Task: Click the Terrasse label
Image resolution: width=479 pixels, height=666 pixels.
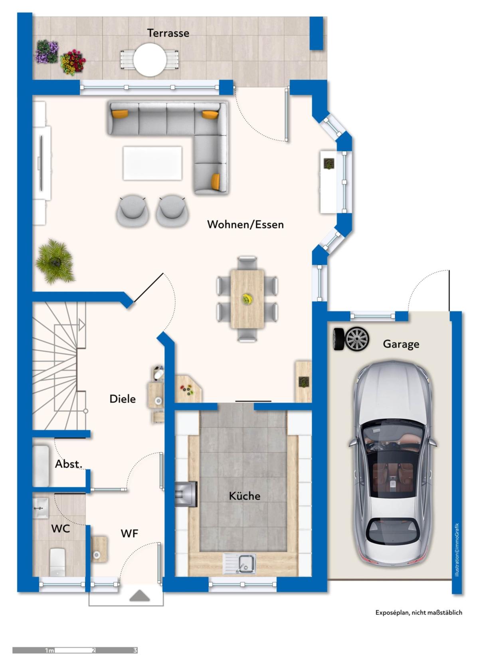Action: [x=168, y=33]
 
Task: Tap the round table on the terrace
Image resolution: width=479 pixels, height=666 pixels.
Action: [x=149, y=60]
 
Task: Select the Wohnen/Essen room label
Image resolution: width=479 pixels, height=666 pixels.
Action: [x=245, y=225]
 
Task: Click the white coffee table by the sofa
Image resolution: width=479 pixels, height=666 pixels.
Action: [x=152, y=163]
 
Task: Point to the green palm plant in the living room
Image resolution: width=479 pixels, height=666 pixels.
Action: [x=55, y=262]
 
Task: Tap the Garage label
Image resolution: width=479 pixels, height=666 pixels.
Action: [x=401, y=344]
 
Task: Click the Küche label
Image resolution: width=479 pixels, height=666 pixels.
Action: [x=245, y=496]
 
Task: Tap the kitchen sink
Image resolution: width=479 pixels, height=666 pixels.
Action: [x=239, y=563]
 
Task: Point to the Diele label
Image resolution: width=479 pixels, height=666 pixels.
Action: [x=123, y=399]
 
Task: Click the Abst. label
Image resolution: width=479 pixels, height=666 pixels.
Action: [x=68, y=464]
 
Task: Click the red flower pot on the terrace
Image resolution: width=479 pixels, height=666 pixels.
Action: [x=73, y=62]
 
